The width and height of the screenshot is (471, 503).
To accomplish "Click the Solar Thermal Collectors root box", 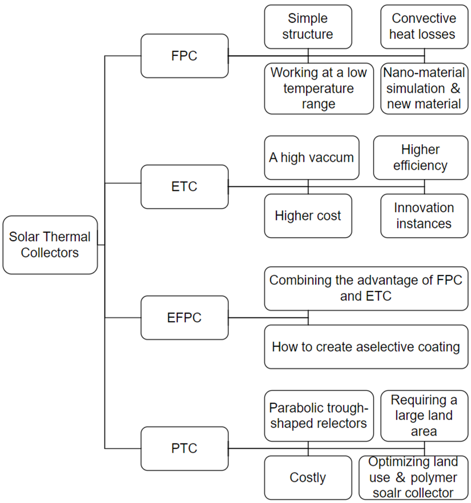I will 50,245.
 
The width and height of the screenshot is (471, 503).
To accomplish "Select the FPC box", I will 184,56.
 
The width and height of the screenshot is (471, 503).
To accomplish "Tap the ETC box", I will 184,187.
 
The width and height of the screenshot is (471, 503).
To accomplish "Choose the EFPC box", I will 184,318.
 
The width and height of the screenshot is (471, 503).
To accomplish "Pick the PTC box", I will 184,448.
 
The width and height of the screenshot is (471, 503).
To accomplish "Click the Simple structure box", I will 308,27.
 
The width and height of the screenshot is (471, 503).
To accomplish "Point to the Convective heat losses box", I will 424,27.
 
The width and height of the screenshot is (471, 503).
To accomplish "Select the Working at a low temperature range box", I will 319,89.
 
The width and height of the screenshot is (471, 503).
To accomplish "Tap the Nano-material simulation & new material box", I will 424,89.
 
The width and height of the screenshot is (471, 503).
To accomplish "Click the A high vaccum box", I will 311,158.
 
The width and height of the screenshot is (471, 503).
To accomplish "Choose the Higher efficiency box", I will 421,158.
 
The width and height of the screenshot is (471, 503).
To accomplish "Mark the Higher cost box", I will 308,216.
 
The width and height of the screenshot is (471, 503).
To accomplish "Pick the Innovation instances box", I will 424,216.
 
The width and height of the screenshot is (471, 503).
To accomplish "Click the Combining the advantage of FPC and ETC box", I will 366,289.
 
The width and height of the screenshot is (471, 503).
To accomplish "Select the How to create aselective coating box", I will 366,347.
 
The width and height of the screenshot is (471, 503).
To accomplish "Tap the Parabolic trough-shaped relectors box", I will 319,416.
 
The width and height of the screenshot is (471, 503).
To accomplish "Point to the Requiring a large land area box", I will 424,416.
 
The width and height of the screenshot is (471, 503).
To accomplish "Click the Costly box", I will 308,478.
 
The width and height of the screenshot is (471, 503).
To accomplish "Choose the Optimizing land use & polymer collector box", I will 413,478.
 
